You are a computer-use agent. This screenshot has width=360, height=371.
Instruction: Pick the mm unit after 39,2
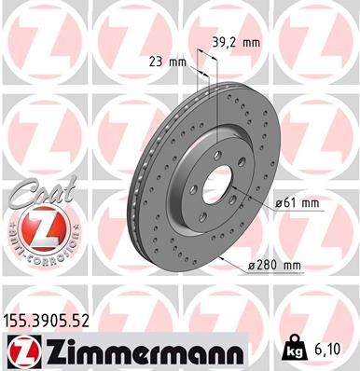[252, 43]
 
